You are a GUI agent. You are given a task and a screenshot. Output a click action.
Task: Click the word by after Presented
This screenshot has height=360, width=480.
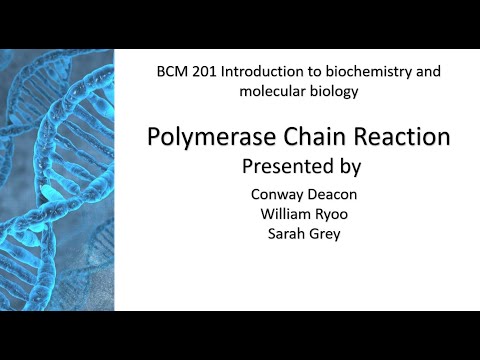[349, 162]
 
